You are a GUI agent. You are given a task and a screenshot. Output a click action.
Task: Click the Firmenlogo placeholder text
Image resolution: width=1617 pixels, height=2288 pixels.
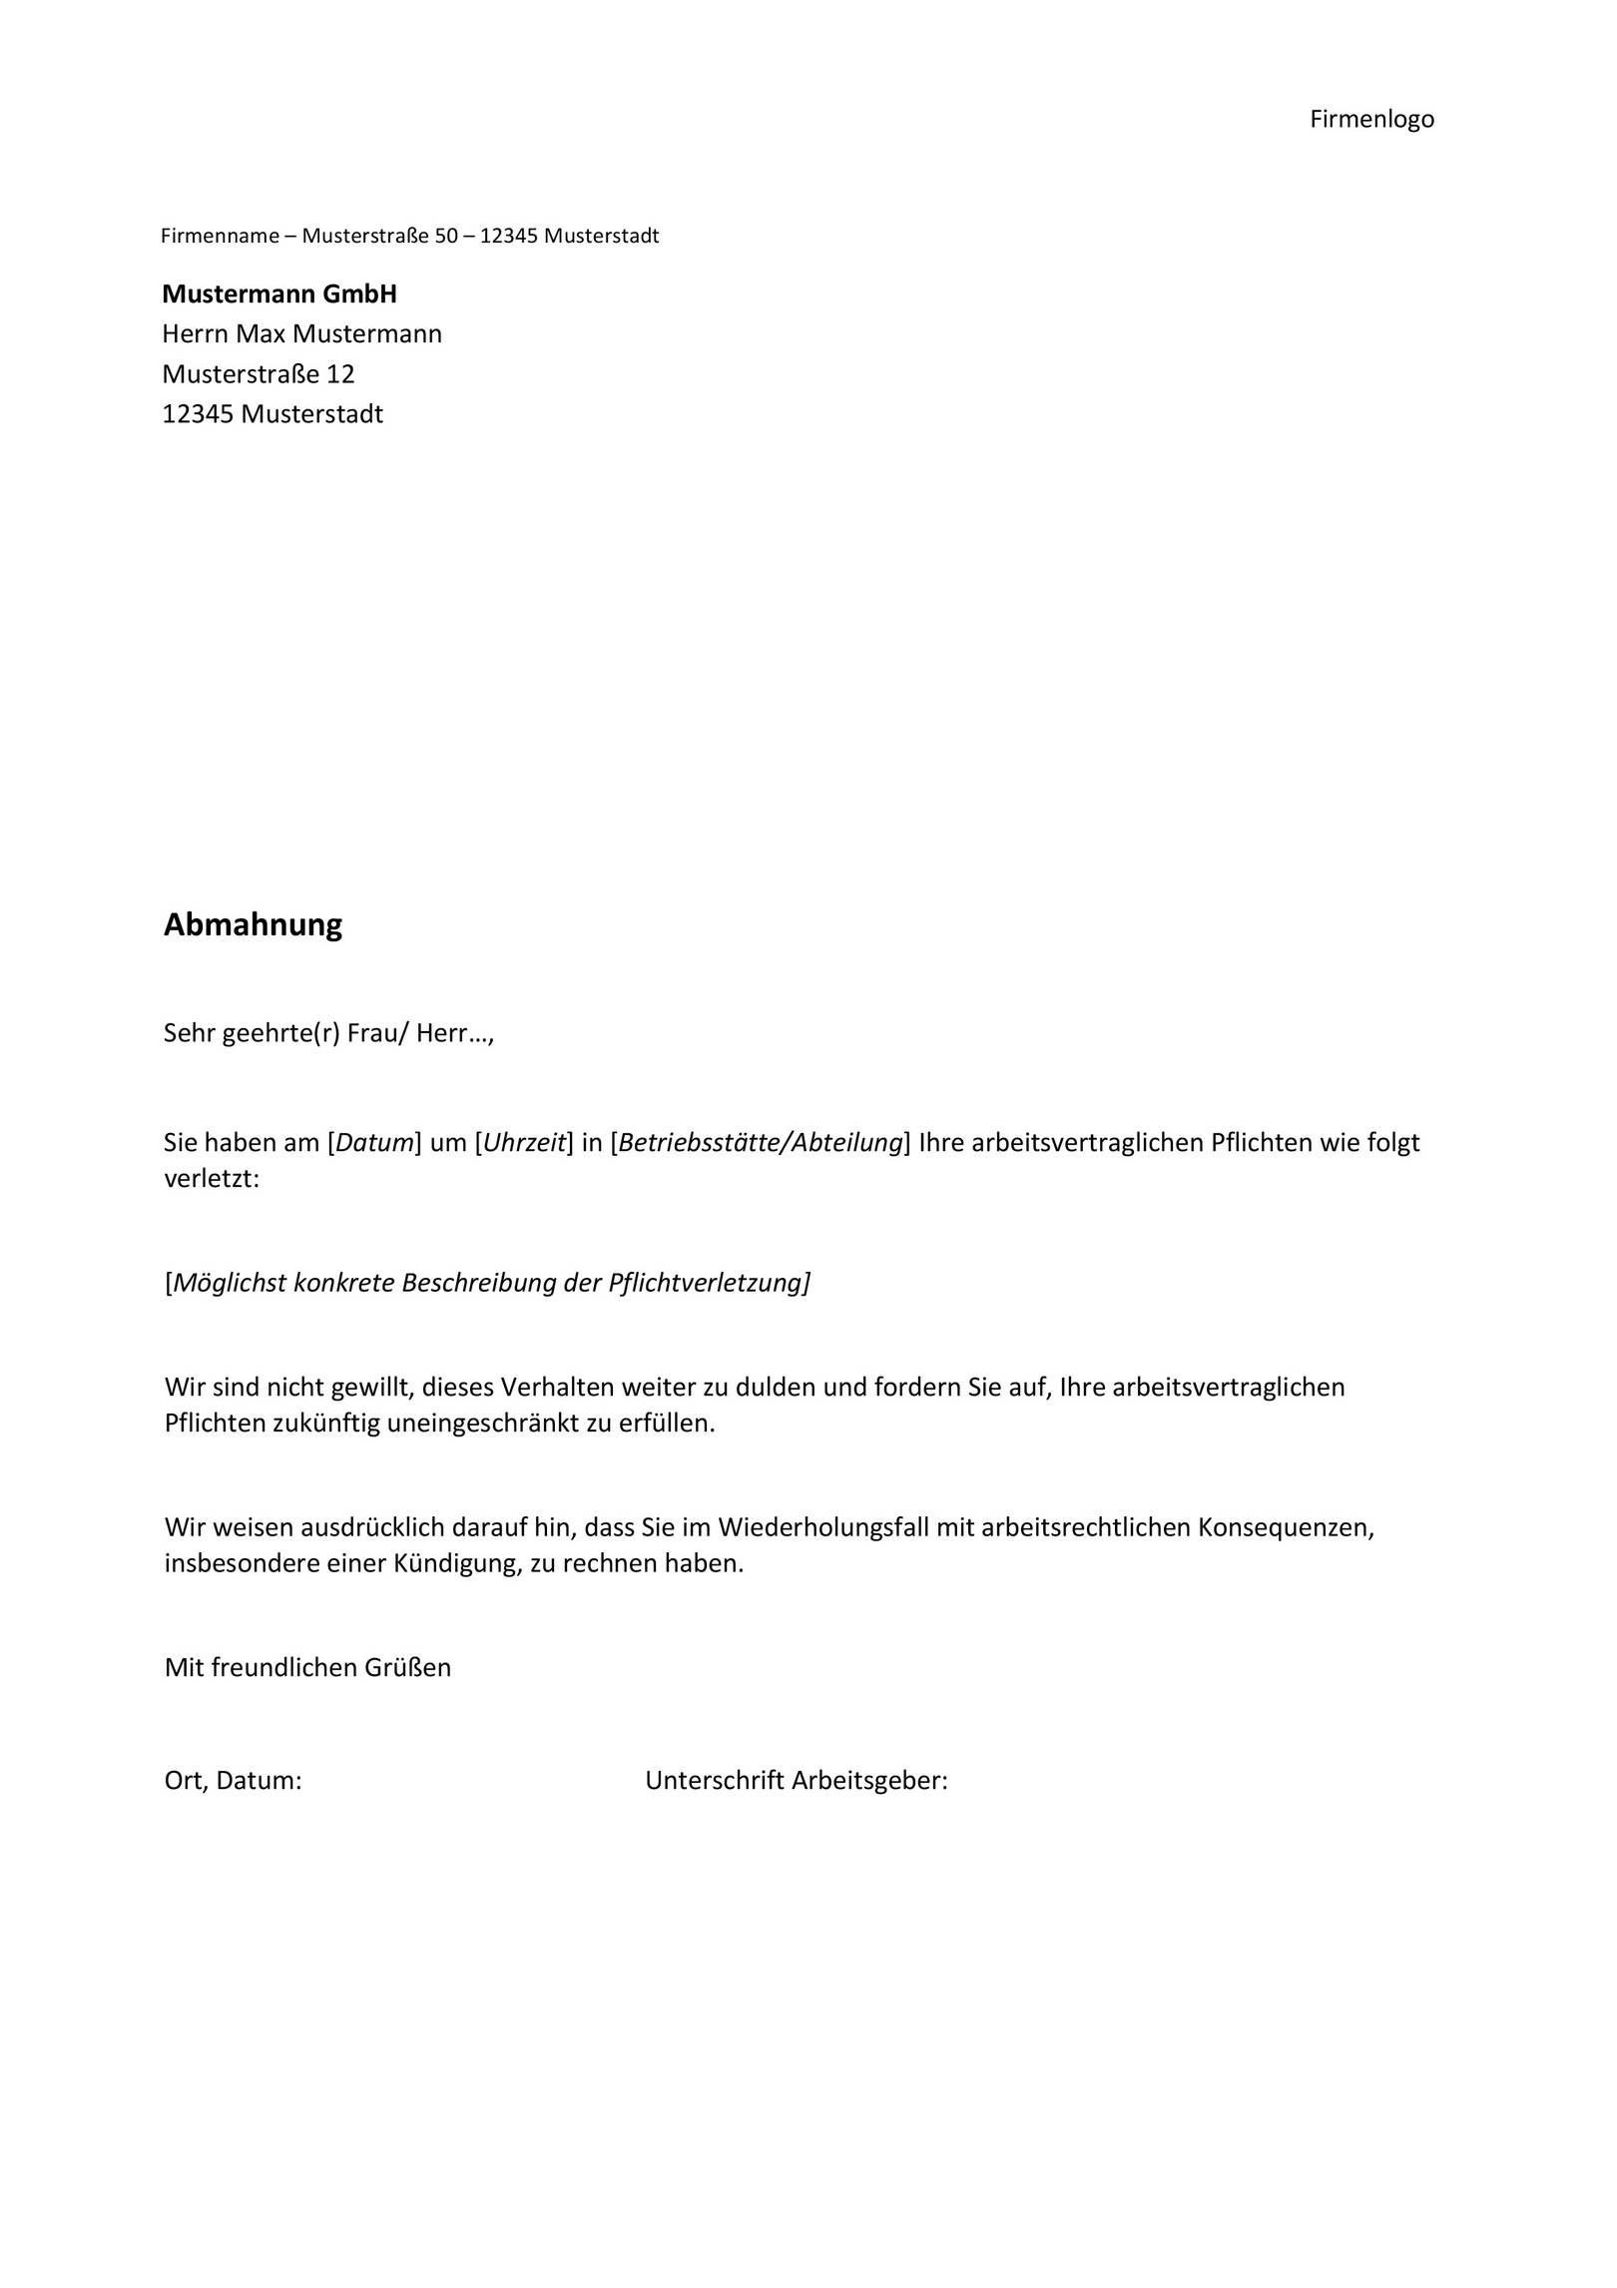pos(1371,120)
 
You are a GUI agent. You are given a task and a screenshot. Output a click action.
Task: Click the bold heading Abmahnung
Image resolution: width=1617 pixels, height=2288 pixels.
pos(253,924)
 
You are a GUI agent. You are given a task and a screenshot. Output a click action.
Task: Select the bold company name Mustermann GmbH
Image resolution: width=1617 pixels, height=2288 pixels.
pos(279,294)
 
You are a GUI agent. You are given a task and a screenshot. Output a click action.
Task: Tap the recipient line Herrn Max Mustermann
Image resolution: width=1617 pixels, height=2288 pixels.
pos(301,334)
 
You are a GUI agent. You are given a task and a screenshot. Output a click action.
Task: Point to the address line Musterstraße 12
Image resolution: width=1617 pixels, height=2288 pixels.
pos(259,374)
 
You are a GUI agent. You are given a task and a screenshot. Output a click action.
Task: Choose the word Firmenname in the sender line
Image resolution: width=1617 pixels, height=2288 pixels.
pos(220,237)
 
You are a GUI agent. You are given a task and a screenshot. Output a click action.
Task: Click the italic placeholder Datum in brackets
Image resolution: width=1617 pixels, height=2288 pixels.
pos(374,1143)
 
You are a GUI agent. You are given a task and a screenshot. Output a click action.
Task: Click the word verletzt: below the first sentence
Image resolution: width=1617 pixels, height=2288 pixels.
pos(212,1179)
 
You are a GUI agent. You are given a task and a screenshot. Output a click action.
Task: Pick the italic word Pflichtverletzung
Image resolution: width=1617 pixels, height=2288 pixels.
pos(708,1283)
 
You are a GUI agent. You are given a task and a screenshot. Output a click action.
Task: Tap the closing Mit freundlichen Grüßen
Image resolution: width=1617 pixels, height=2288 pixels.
pos(307,1668)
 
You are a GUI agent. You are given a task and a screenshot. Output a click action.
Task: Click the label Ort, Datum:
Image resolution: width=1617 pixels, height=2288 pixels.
pos(233,1781)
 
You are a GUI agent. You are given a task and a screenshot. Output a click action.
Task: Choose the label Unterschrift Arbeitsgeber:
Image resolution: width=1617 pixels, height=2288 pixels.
pos(796,1781)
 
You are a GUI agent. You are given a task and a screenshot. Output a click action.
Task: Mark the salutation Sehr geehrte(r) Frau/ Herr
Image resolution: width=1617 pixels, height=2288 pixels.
pos(328,1033)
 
